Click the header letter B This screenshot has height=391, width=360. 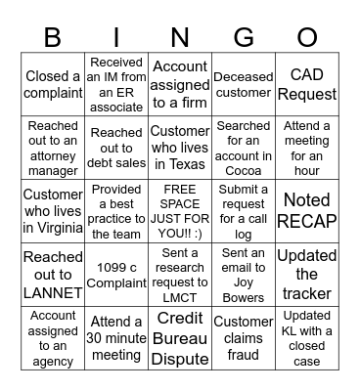point(52,37)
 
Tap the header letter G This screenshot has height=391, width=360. point(243,37)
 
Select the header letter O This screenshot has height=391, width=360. point(306,37)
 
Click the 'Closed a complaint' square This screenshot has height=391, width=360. point(53,85)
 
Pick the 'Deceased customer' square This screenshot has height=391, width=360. point(243,85)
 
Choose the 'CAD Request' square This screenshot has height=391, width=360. point(306,85)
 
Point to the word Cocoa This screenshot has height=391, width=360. point(243,171)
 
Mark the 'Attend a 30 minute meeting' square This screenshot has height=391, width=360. point(116,338)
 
